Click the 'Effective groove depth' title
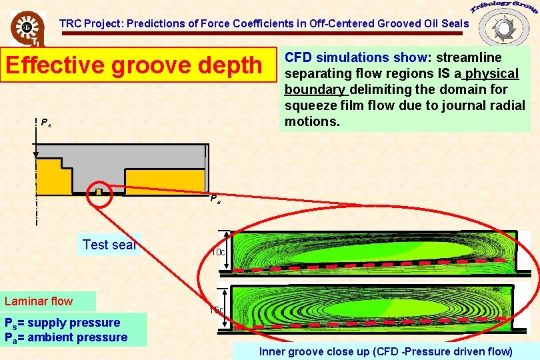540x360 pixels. [133, 65]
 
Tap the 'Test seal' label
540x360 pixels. [109, 245]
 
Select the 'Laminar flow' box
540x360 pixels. [48, 301]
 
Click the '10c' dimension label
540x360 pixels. [218, 253]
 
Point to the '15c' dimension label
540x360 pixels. [217, 310]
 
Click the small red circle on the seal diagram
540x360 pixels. [99, 190]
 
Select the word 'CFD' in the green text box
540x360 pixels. [298, 57]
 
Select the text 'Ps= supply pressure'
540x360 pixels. [63, 323]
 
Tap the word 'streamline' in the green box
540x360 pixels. [468, 57]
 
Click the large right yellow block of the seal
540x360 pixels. [164, 181]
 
